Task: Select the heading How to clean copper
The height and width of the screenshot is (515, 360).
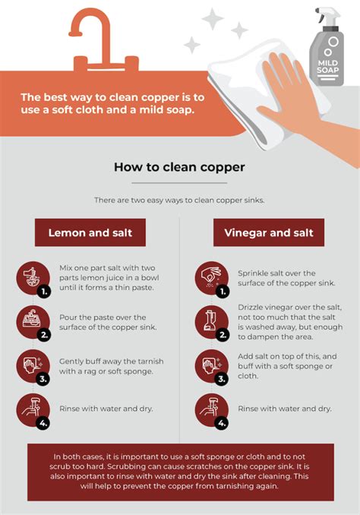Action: point(179,166)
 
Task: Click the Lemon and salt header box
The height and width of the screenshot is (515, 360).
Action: point(90,232)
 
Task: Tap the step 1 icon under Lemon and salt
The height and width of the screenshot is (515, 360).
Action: point(33,278)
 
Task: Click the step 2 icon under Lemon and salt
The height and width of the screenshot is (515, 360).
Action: point(33,322)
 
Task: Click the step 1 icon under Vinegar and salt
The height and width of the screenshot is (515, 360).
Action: point(210,278)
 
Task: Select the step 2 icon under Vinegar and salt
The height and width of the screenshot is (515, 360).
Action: point(210,322)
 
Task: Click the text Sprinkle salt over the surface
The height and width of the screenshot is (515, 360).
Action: point(276,278)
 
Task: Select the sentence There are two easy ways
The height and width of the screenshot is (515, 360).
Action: point(179,200)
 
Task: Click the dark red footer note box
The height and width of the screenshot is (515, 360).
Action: point(180,472)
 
